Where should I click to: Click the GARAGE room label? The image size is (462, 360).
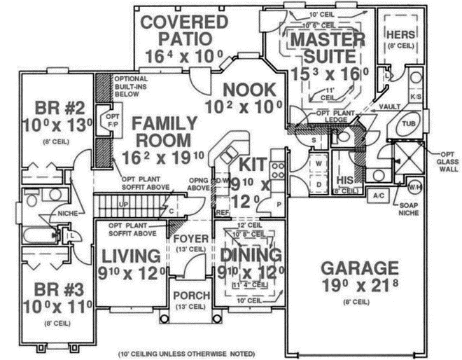[x=360, y=268]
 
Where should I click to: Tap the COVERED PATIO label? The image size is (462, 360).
[x=184, y=29]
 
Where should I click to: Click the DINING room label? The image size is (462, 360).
[x=250, y=254]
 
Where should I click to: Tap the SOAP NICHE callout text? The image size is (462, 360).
[x=426, y=207]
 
